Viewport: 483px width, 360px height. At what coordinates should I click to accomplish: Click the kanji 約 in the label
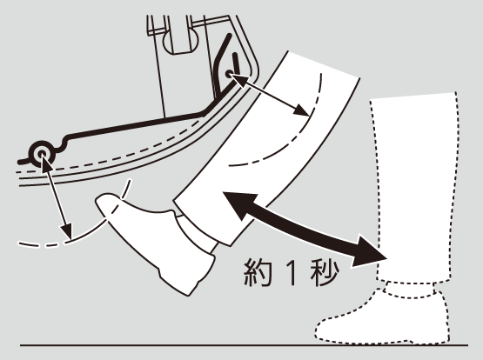pyautogui.click(x=258, y=271)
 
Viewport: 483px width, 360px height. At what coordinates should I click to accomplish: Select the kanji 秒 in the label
pyautogui.click(x=325, y=271)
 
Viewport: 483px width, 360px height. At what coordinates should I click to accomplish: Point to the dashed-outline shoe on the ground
pyautogui.click(x=382, y=320)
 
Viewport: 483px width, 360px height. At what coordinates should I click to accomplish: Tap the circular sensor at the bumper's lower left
pyautogui.click(x=42, y=154)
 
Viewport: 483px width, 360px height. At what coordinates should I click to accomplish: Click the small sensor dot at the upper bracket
pyautogui.click(x=229, y=74)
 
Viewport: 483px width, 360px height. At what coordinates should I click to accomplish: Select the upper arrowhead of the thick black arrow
pyautogui.click(x=238, y=204)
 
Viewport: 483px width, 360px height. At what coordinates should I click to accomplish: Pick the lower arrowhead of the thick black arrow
pyautogui.click(x=370, y=250)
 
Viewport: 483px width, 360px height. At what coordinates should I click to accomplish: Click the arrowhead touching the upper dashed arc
pyautogui.click(x=301, y=110)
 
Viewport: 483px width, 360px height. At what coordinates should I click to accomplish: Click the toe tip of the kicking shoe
pyautogui.click(x=99, y=200)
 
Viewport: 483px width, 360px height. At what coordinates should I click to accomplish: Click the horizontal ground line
pyautogui.click(x=244, y=345)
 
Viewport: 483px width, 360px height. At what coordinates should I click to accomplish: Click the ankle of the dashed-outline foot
pyautogui.click(x=410, y=290)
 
